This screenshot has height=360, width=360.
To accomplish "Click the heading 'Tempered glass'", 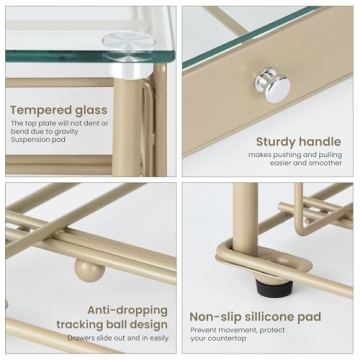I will click(x=59, y=108).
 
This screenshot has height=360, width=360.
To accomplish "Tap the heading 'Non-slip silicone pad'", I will click(x=255, y=317).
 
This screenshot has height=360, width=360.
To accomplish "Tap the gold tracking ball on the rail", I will click(x=89, y=269).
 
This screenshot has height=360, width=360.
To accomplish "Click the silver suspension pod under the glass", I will click(x=125, y=41).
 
